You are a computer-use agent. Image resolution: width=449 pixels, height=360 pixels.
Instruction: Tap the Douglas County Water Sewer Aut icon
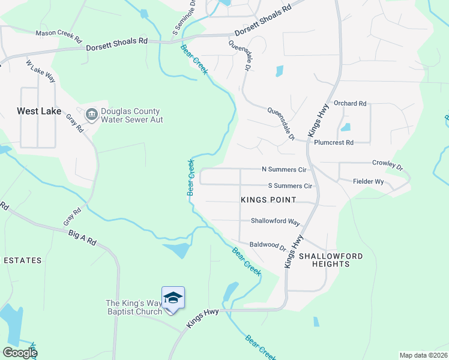tap(92, 115)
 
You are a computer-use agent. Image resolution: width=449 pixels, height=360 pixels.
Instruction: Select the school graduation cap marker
tap(173, 298)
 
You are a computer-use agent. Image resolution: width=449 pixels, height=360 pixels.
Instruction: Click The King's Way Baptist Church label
tap(134, 307)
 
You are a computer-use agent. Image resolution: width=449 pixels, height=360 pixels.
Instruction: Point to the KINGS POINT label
tap(269, 199)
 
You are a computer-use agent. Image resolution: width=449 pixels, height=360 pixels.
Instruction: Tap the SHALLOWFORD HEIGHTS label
tap(331, 260)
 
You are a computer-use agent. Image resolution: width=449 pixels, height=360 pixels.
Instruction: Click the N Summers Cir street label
tap(284, 170)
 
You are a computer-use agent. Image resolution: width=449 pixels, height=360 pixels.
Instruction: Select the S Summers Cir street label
tap(290, 187)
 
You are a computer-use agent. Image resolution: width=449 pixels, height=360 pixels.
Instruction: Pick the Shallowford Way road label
tap(275, 221)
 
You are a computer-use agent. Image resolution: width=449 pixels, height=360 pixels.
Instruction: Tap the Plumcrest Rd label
tap(334, 143)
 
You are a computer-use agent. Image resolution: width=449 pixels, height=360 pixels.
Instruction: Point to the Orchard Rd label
tap(350, 104)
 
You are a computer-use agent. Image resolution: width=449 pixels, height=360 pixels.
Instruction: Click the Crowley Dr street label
tap(387, 163)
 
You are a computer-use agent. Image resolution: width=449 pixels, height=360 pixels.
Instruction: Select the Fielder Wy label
tap(368, 181)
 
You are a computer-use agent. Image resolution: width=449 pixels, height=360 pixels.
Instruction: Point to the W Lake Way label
tap(41, 71)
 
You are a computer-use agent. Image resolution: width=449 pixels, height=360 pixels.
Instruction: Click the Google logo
tap(19, 353)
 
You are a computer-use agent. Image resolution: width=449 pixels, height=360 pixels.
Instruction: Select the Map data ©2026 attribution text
tap(423, 355)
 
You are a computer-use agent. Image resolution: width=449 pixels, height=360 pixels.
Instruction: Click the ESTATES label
tap(22, 260)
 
